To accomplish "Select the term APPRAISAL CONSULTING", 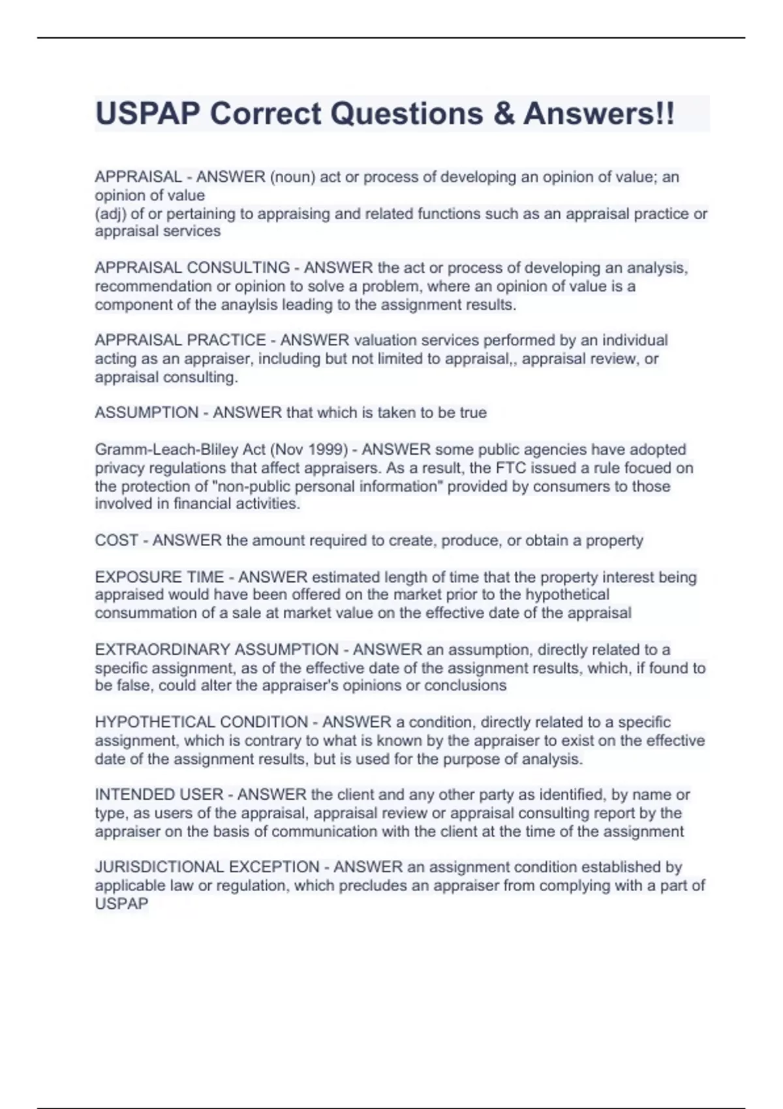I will click(x=192, y=268).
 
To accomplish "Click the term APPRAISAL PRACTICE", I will click(x=180, y=341).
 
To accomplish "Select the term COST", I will click(x=117, y=541).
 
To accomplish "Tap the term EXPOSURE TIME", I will click(x=159, y=577).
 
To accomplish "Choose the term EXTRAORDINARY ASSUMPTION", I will click(x=217, y=650).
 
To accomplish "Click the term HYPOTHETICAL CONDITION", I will click(x=201, y=722).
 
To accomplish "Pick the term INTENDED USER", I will click(x=159, y=795).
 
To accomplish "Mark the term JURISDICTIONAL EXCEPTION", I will click(x=207, y=867).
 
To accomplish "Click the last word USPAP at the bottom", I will click(x=122, y=904).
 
